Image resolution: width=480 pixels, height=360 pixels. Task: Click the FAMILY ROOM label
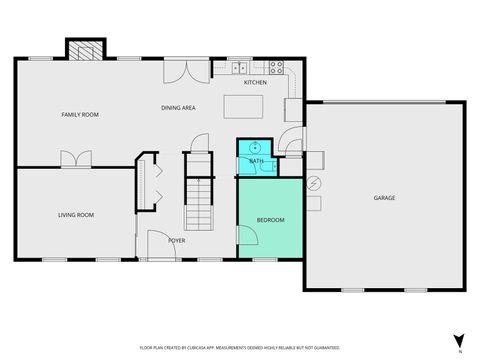pos(80,115)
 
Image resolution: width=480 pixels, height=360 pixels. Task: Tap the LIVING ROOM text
pos(75,215)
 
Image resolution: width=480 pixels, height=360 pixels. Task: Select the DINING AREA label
pos(178,107)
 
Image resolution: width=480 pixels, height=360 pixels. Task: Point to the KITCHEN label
pos(255,83)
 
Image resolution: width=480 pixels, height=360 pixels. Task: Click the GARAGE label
pos(384,198)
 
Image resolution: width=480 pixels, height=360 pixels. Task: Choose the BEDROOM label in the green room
pos(270,220)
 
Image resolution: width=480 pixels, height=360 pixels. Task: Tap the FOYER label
pos(176,240)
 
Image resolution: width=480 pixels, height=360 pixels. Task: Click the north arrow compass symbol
pos(457,342)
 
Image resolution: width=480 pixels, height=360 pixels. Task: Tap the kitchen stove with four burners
pos(277,68)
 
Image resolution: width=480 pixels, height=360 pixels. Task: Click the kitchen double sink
pos(241,68)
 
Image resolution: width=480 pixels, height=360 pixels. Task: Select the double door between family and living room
pos(75,160)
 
